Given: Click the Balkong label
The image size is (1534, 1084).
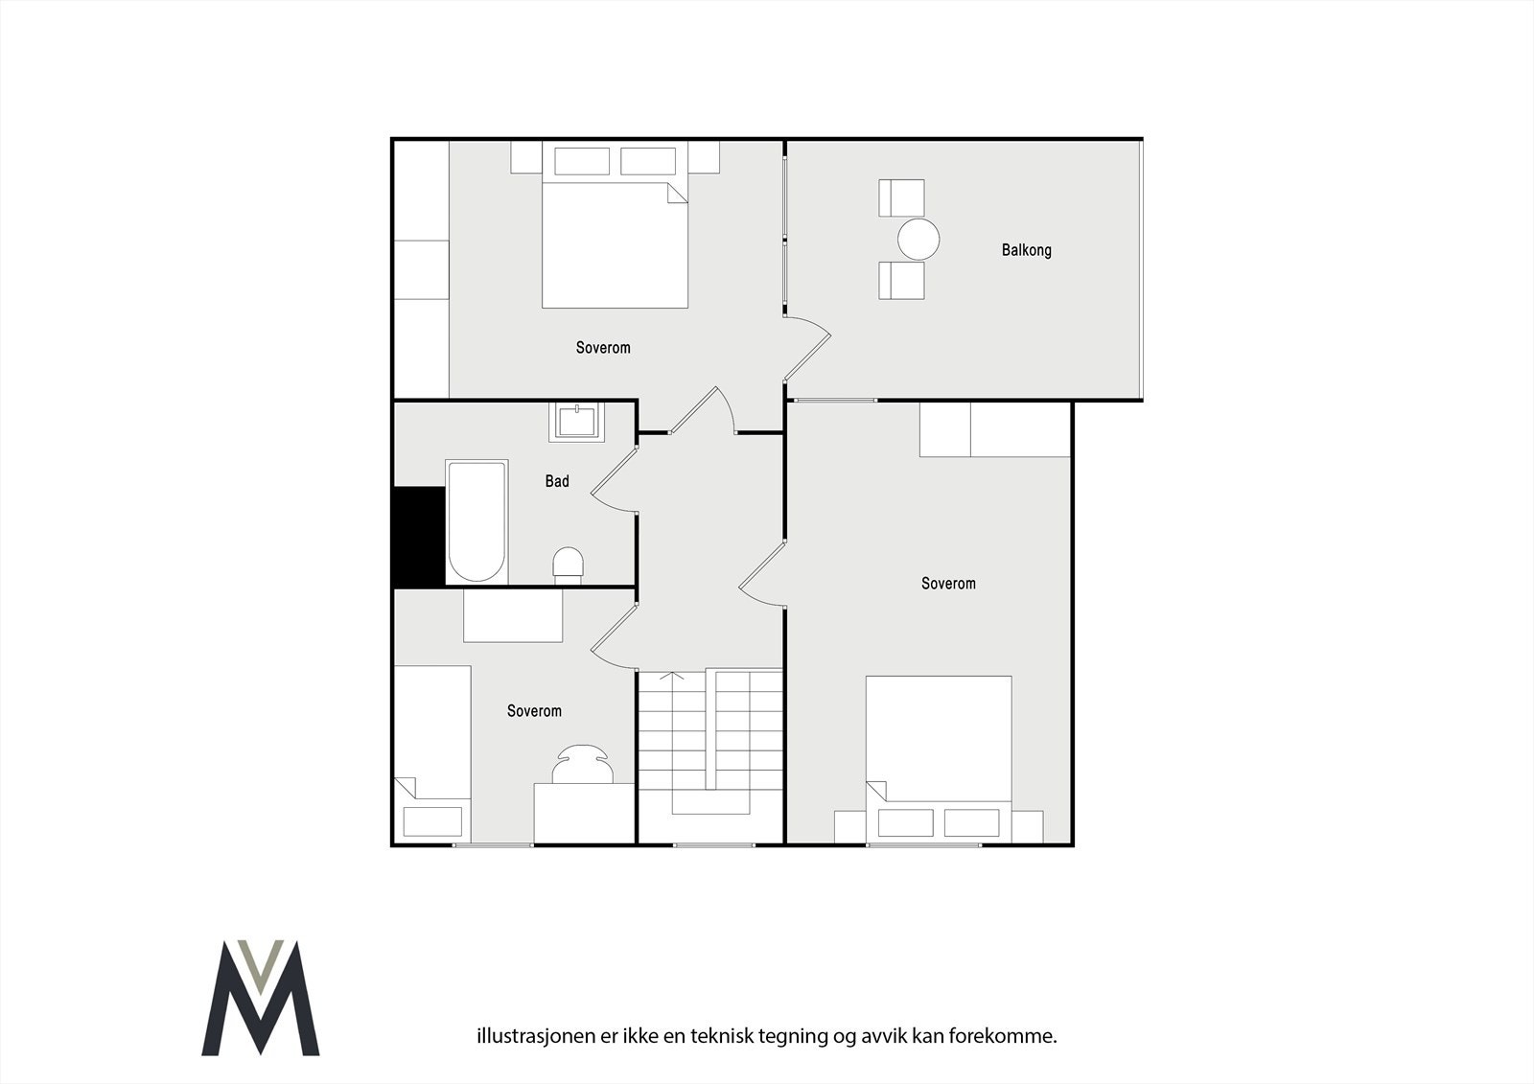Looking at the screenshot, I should [x=1026, y=250].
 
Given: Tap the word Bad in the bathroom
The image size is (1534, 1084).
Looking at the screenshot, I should [x=557, y=481].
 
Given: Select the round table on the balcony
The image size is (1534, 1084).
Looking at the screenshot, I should [x=918, y=239].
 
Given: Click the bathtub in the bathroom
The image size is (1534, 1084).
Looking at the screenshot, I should [x=476, y=521].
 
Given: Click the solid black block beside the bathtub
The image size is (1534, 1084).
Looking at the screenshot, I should [x=419, y=536].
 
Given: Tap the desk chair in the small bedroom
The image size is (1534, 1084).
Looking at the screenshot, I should [x=583, y=765].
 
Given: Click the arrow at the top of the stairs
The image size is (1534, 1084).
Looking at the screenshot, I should [x=672, y=677].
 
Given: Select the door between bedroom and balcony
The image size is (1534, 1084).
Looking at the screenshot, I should [x=806, y=347].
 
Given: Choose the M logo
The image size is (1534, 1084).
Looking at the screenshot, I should [x=261, y=999].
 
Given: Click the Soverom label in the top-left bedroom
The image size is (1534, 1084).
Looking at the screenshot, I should [x=603, y=348].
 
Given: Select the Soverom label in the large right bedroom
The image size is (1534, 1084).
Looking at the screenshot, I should [x=948, y=584].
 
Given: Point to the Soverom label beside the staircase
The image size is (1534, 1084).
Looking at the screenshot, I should [x=534, y=711].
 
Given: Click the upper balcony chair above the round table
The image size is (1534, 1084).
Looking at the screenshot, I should [x=902, y=197].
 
